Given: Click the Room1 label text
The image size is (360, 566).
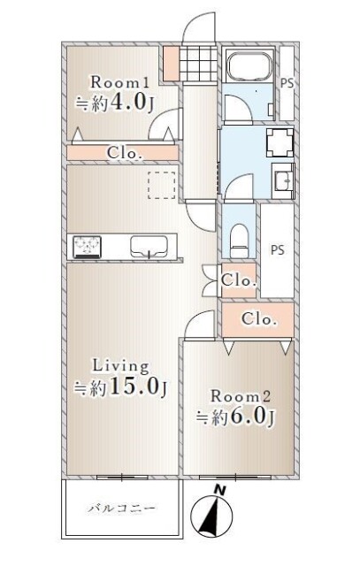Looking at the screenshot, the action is tap(120, 82).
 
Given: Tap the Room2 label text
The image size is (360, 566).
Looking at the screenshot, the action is tap(241, 396).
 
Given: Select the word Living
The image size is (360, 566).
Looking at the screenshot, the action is tap(121, 366).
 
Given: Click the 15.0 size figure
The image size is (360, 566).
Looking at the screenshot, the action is tap(134, 387).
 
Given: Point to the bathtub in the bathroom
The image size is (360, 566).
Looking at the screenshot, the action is tap(249, 66).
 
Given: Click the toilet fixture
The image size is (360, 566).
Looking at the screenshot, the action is tap(240, 240).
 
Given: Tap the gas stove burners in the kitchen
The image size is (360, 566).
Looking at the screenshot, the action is tap(87, 247).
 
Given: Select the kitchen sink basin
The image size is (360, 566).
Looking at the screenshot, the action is tap(149, 246).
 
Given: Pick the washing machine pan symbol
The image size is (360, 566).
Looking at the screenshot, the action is tap(280, 142).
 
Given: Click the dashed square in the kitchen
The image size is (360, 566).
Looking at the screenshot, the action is tap(161, 185).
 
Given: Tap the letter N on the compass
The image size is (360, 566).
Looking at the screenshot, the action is tap(219, 491).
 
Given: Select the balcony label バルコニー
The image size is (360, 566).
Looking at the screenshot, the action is tap(122, 509).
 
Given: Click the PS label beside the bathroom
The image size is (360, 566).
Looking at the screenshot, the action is tap(287, 83).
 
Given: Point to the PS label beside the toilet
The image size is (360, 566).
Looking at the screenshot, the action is tap(278, 249).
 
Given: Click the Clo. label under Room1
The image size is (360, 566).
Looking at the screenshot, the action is tap(124, 153).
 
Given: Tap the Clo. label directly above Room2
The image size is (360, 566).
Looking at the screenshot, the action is tap(259, 319).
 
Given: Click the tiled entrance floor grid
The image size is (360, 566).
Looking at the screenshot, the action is tap(199, 64).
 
